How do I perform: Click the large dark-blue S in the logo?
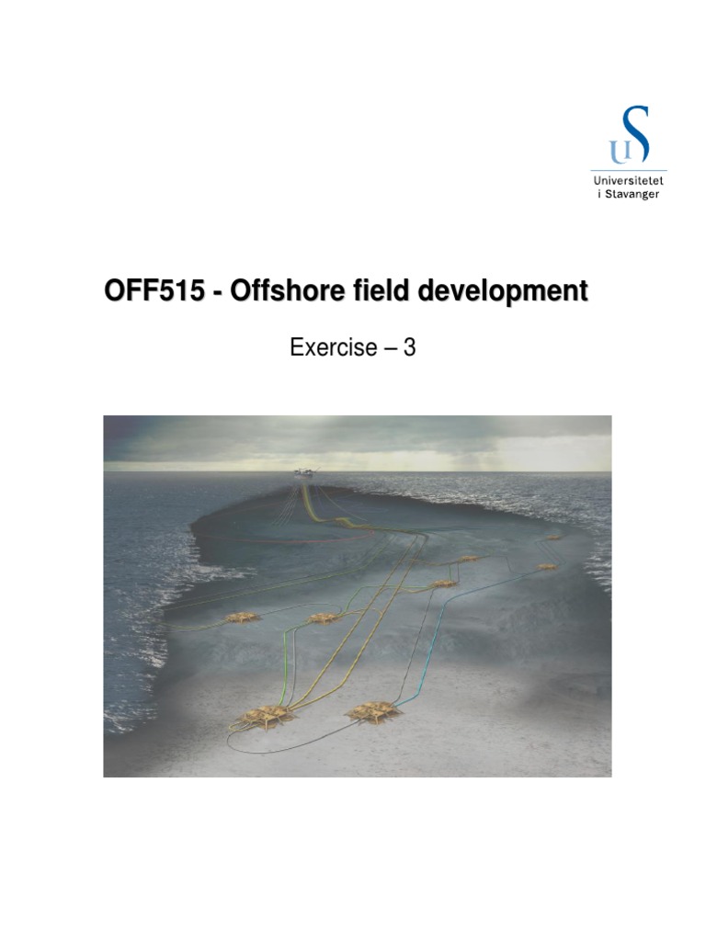634,135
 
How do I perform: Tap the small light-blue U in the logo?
614,150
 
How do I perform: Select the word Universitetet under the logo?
630,182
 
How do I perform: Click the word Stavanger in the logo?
632,195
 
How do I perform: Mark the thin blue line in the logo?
630,172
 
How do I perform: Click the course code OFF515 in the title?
150,292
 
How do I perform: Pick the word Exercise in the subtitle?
333,348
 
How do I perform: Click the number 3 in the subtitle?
410,348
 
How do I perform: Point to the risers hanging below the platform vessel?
306,496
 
